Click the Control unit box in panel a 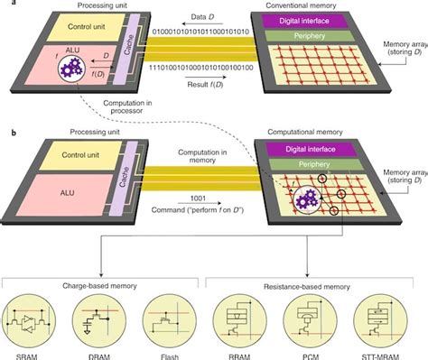click(x=71, y=28)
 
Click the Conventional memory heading click(x=320, y=7)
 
